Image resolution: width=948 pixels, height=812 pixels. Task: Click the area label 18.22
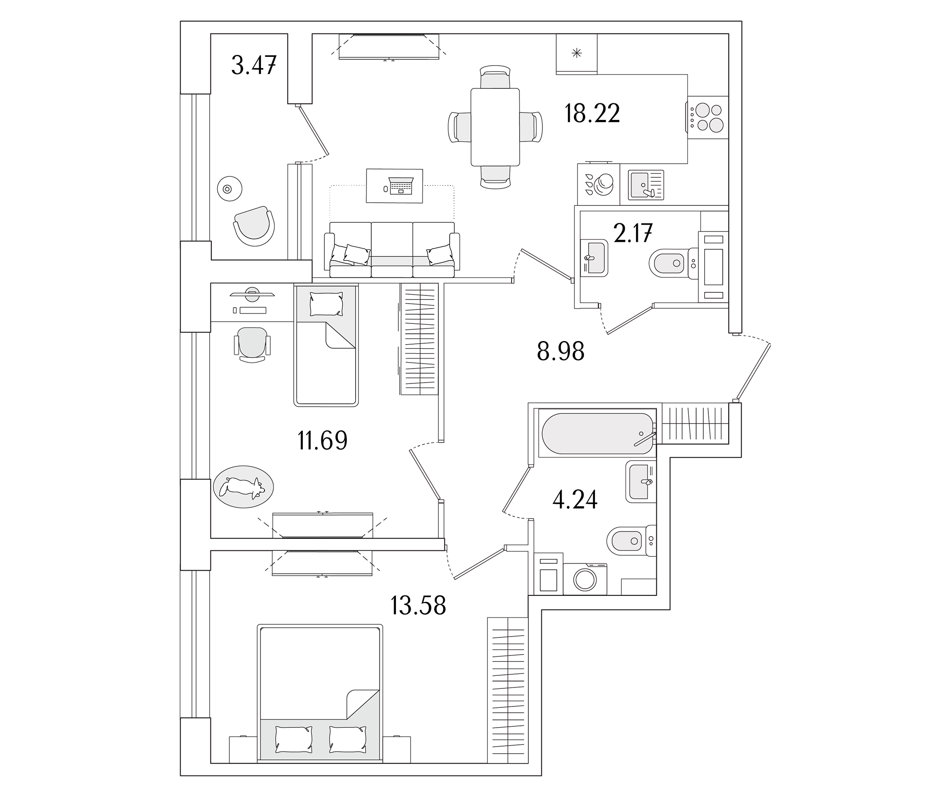(592, 113)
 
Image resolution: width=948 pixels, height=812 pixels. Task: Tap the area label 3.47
(253, 65)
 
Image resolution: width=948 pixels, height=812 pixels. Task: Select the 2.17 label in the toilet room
(633, 233)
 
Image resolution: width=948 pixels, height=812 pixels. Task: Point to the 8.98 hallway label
(561, 352)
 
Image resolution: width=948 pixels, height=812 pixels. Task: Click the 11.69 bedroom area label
(323, 441)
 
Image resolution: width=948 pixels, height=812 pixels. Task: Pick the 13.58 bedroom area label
(418, 605)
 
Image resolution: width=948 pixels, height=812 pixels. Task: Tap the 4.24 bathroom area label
(575, 500)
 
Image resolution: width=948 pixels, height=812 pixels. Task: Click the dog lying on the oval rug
(242, 487)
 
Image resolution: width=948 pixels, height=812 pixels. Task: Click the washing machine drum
(585, 580)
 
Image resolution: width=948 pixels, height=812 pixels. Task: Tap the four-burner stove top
(708, 117)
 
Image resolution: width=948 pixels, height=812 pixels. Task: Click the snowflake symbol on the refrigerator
(576, 54)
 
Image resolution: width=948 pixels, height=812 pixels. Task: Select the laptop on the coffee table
(401, 185)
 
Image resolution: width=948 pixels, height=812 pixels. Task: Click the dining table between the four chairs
(495, 127)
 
